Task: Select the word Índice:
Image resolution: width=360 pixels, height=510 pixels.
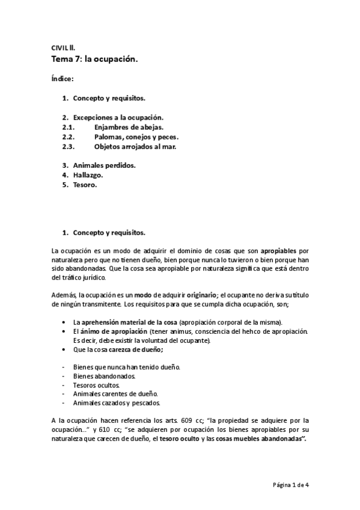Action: pos(63,79)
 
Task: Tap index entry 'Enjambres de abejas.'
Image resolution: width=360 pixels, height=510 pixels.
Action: pos(129,127)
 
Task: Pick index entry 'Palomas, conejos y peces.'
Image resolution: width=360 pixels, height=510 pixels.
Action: pos(136,137)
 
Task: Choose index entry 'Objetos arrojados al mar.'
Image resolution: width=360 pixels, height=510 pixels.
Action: pos(135,146)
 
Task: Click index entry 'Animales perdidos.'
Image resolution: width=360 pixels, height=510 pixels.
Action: pos(105,165)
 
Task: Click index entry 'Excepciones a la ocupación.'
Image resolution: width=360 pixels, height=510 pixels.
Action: pos(118,118)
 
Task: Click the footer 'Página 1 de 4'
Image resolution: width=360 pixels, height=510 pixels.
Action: pos(291,484)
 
